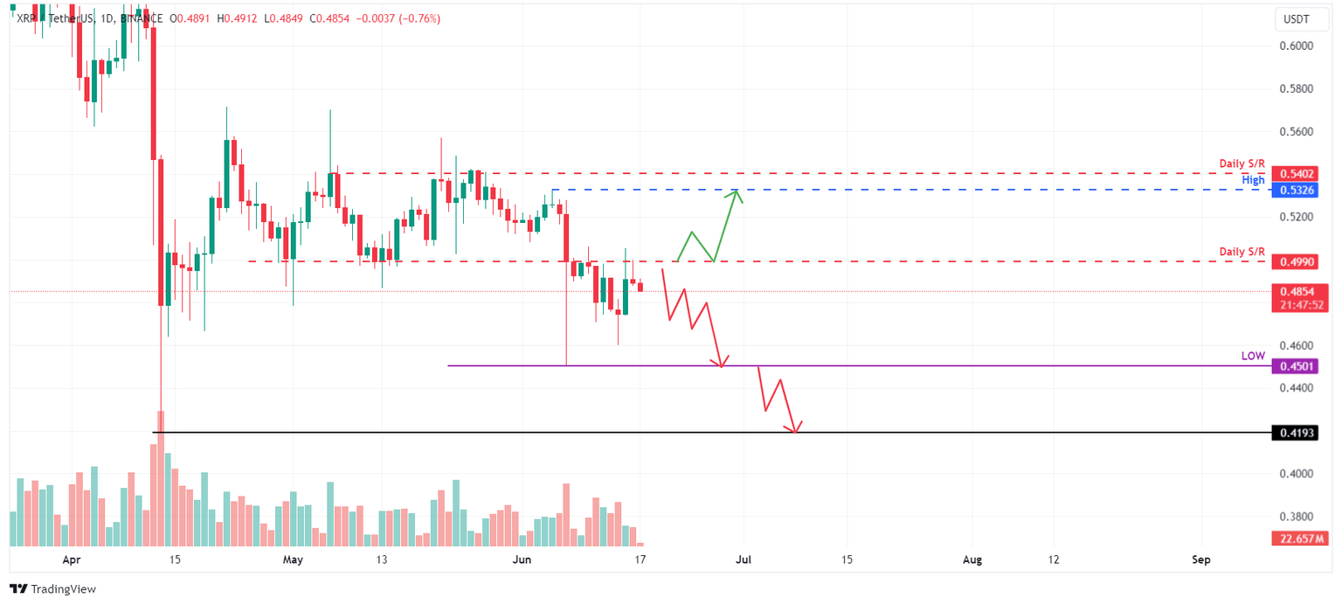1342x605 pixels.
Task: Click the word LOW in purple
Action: [x=1253, y=356]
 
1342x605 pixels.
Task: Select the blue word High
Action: [x=1253, y=180]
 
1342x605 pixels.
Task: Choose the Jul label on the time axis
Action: [x=744, y=560]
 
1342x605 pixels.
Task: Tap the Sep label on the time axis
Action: [x=1201, y=560]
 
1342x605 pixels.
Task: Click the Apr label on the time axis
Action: [x=72, y=560]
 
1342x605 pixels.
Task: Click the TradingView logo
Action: [x=53, y=589]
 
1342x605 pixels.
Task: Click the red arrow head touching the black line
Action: [x=794, y=428]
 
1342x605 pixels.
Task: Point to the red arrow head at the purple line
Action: [x=721, y=362]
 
